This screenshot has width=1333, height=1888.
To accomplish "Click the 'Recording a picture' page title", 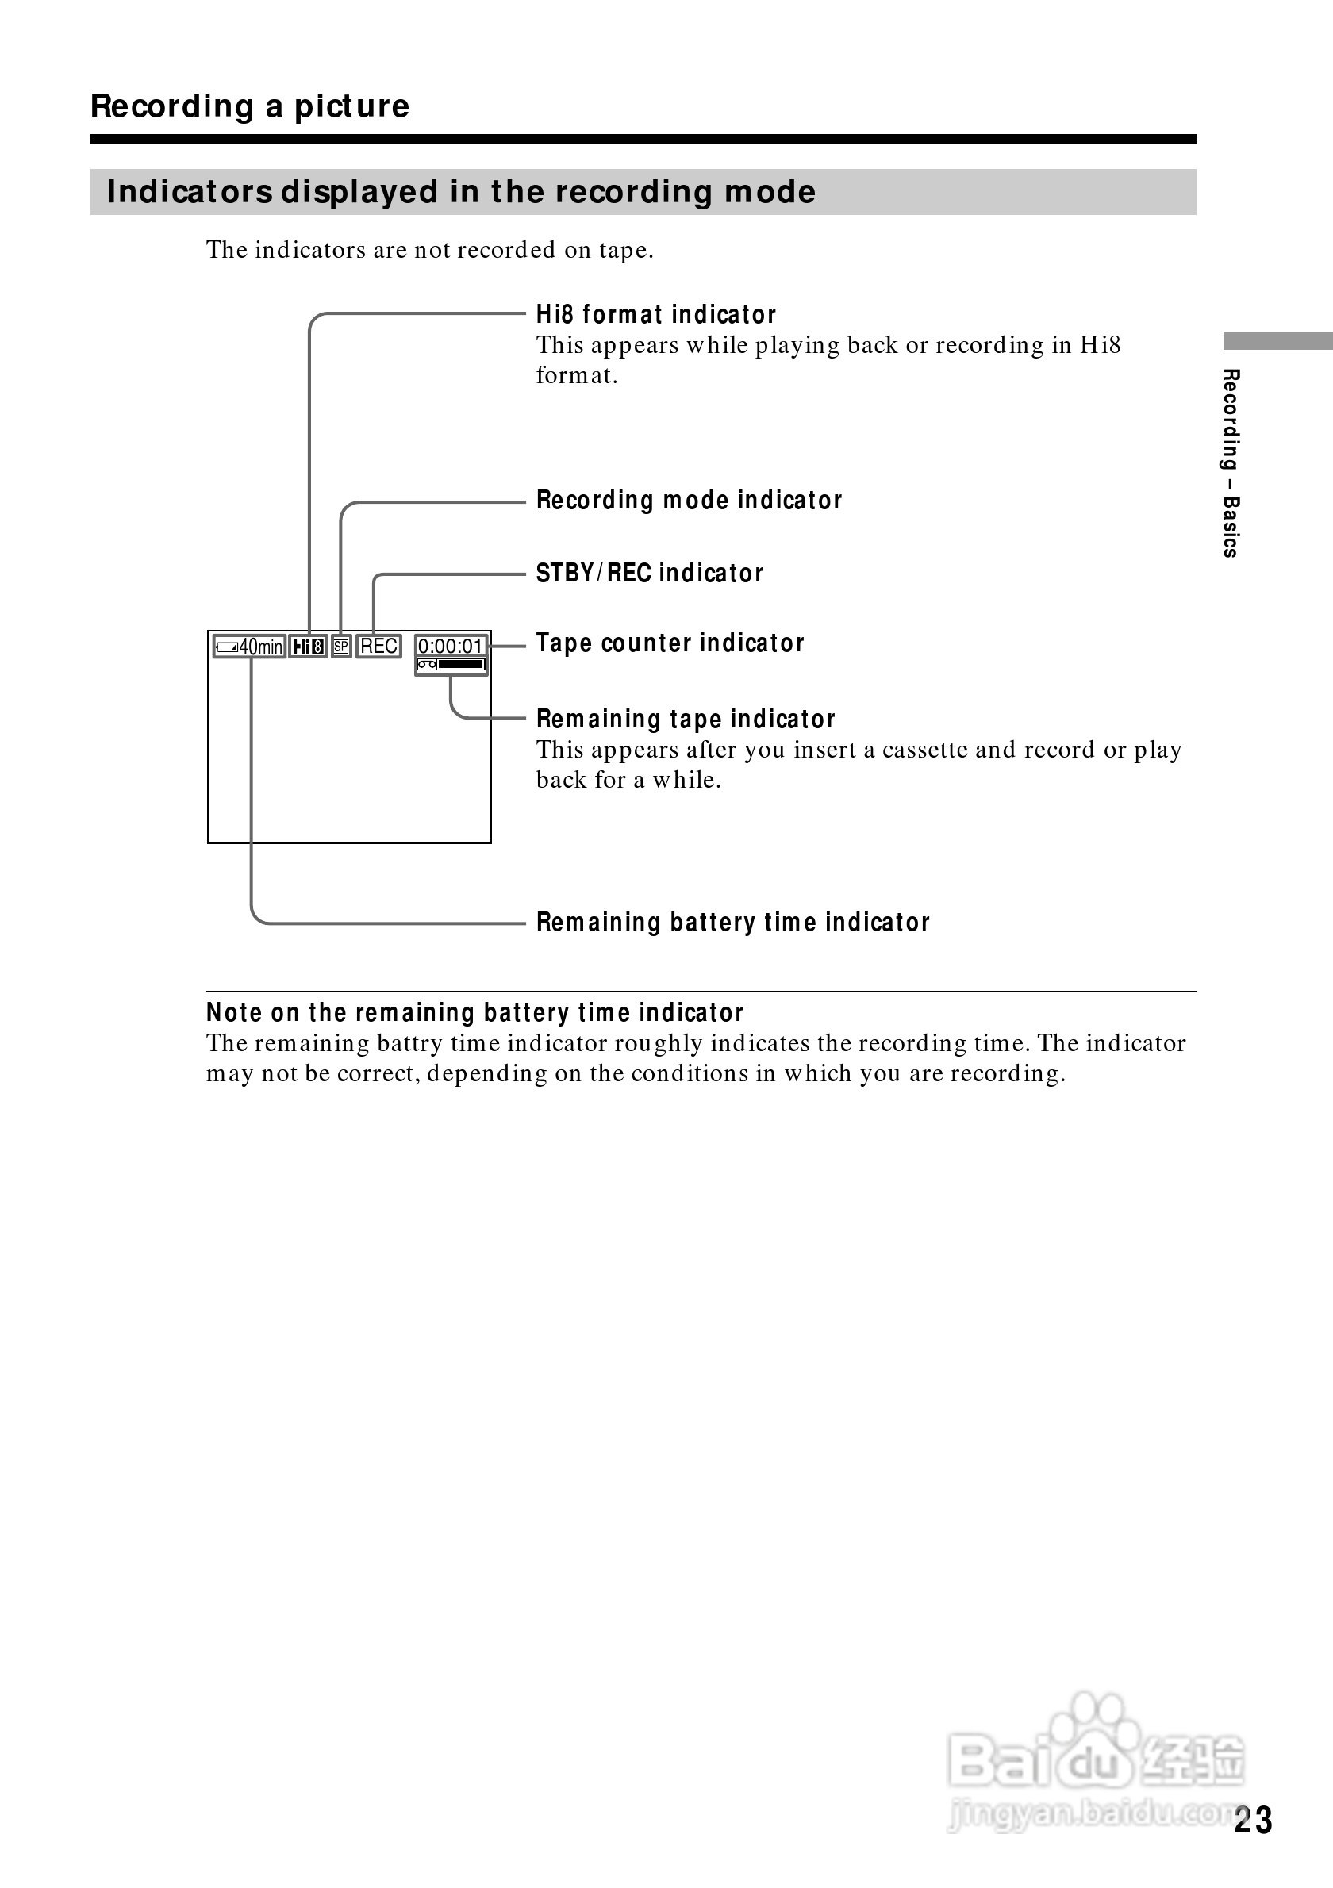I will (x=249, y=106).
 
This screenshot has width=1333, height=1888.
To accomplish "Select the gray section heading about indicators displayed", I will (x=460, y=192).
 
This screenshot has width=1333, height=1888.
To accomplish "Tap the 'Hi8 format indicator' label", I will (x=655, y=314).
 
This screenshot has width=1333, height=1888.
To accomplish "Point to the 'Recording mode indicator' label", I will (x=688, y=500).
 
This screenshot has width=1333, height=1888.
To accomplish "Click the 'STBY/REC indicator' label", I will (x=649, y=573).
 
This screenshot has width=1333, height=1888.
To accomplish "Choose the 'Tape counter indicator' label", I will (x=670, y=643).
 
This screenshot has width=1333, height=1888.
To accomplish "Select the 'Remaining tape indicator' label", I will (x=685, y=720).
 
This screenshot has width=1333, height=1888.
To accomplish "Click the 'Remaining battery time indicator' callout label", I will (x=732, y=923).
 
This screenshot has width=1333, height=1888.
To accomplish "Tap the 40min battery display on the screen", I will (x=249, y=647).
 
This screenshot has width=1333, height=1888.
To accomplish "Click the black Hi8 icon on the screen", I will (x=309, y=647).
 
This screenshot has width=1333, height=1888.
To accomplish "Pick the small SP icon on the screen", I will (x=341, y=647).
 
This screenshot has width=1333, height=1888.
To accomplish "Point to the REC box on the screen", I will (x=378, y=647).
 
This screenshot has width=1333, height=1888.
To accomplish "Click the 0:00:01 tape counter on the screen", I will (x=451, y=646).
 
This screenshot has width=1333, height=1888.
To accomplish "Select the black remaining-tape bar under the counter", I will (x=460, y=665).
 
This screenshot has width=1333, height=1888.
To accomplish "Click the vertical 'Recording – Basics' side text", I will (x=1230, y=463).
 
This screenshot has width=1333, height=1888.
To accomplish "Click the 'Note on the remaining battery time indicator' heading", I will (x=474, y=1012).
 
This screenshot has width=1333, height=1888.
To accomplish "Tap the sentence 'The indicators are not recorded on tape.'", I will (x=429, y=250).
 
